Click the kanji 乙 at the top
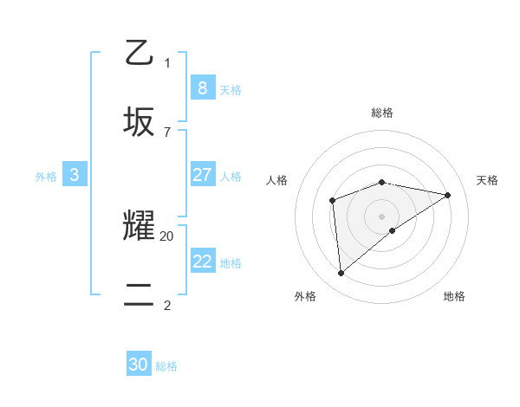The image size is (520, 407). click(x=140, y=52)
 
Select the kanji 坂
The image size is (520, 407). click(x=140, y=121)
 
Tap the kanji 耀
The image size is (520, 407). click(x=140, y=227)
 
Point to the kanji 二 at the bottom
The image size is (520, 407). click(x=140, y=295)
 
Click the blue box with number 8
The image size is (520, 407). click(x=202, y=87)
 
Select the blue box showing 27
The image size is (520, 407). click(x=202, y=175)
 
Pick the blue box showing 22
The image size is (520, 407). click(x=202, y=262)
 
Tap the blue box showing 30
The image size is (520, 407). click(x=139, y=365)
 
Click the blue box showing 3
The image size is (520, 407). click(x=75, y=175)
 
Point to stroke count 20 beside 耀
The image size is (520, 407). click(x=167, y=236)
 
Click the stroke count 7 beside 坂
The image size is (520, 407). click(x=166, y=132)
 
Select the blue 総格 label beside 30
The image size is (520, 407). click(x=166, y=366)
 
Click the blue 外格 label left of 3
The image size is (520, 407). click(x=46, y=177)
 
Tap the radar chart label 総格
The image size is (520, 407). click(x=382, y=113)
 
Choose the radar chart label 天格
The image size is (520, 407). click(x=487, y=180)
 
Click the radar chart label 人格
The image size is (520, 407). click(x=277, y=180)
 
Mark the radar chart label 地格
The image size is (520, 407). click(x=454, y=296)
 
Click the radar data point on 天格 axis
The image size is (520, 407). click(x=448, y=195)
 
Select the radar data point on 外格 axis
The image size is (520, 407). click(x=341, y=273)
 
